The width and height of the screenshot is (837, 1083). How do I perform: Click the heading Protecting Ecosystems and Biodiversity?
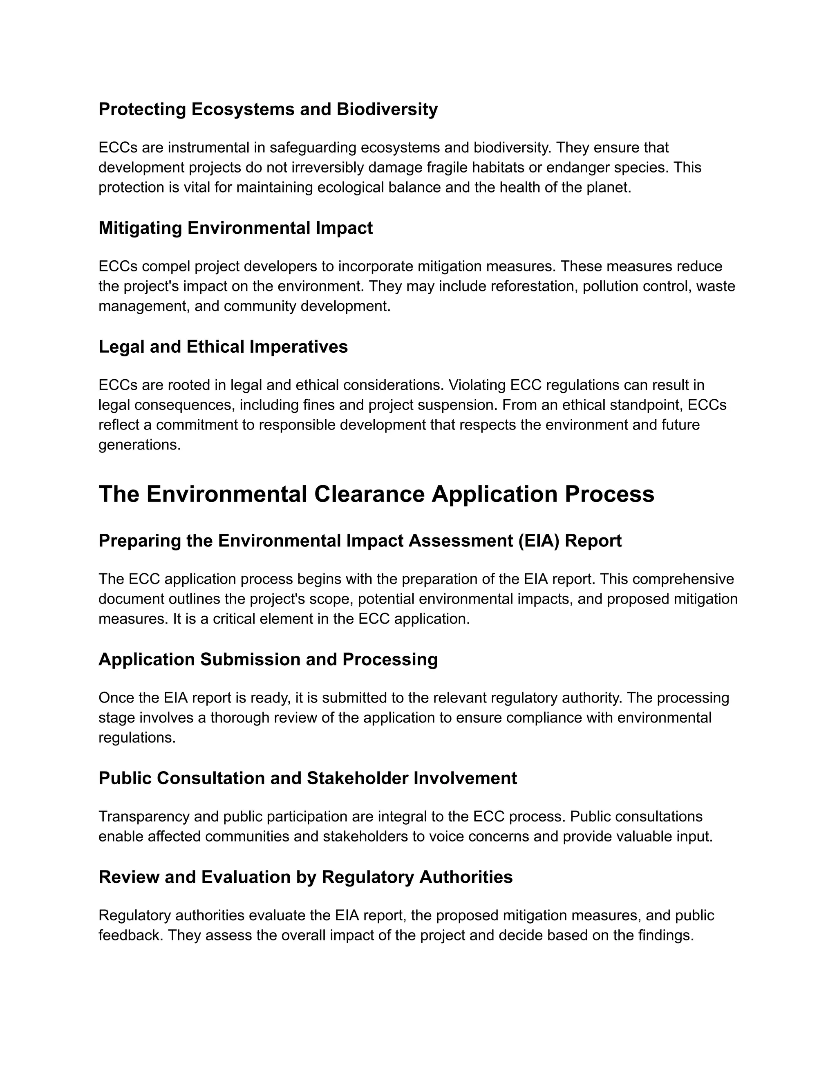click(x=268, y=109)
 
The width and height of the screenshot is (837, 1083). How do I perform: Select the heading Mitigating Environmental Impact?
click(x=235, y=228)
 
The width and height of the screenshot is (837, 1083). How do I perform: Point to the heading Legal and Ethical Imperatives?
click(x=223, y=347)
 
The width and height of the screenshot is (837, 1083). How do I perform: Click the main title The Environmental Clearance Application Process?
click(x=376, y=495)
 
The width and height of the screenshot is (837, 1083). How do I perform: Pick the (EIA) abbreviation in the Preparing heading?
click(x=539, y=541)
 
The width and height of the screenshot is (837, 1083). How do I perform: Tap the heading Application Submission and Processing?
click(x=268, y=660)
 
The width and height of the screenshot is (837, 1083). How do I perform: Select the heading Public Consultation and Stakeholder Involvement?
click(x=307, y=778)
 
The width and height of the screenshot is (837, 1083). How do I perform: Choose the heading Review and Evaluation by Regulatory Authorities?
click(x=305, y=877)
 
